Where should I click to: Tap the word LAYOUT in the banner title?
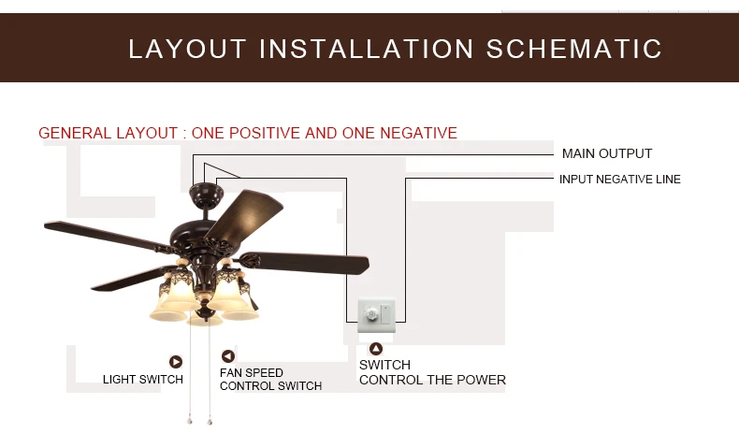[187, 49]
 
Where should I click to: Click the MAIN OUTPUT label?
[606, 153]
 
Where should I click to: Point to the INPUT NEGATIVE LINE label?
[619, 179]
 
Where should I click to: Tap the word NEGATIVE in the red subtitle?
[412, 133]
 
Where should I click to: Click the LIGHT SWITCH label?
[143, 379]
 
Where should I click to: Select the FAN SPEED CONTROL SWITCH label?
[270, 380]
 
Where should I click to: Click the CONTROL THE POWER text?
[432, 380]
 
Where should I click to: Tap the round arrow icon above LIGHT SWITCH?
[175, 362]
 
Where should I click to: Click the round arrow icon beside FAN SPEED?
[227, 356]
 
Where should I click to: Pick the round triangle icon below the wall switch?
[375, 350]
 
